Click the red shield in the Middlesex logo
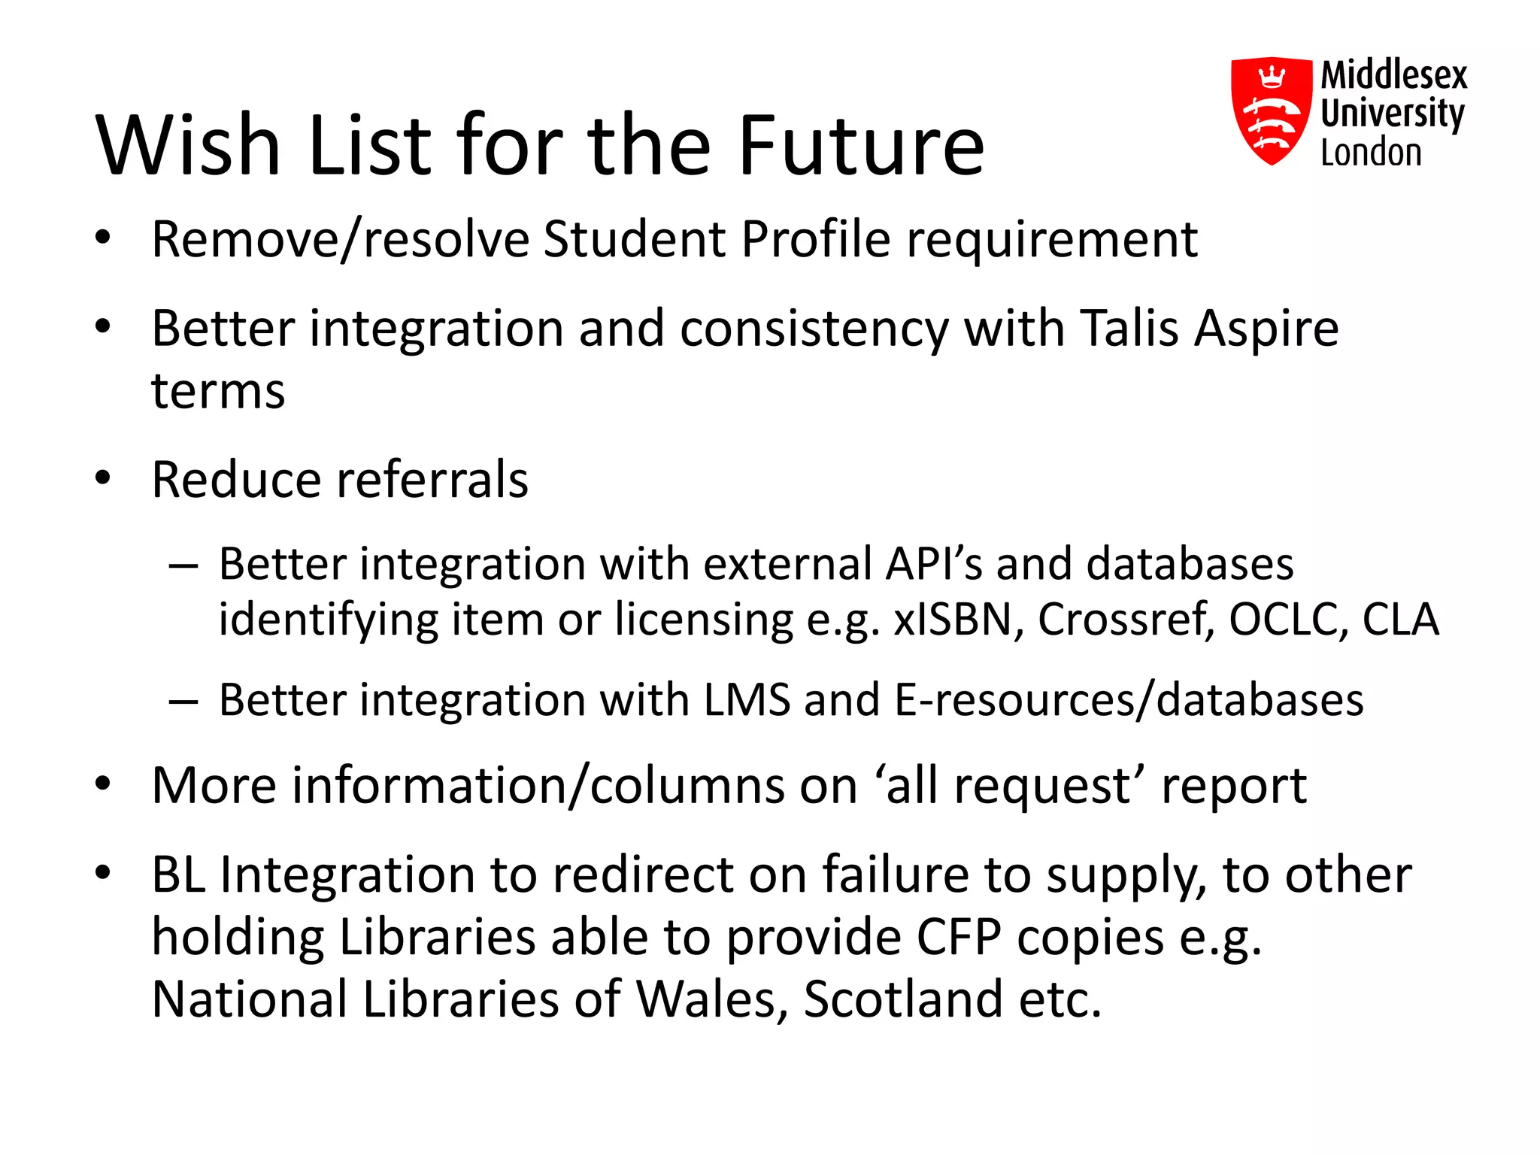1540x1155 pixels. tap(1270, 110)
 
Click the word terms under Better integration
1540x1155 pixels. tap(218, 392)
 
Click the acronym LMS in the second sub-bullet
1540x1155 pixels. tap(747, 700)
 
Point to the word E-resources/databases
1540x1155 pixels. tap(1128, 700)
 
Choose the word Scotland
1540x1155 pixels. tap(903, 999)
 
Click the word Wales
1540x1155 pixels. tap(707, 999)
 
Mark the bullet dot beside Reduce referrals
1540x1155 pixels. tap(103, 478)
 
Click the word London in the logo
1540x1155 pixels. tap(1371, 153)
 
